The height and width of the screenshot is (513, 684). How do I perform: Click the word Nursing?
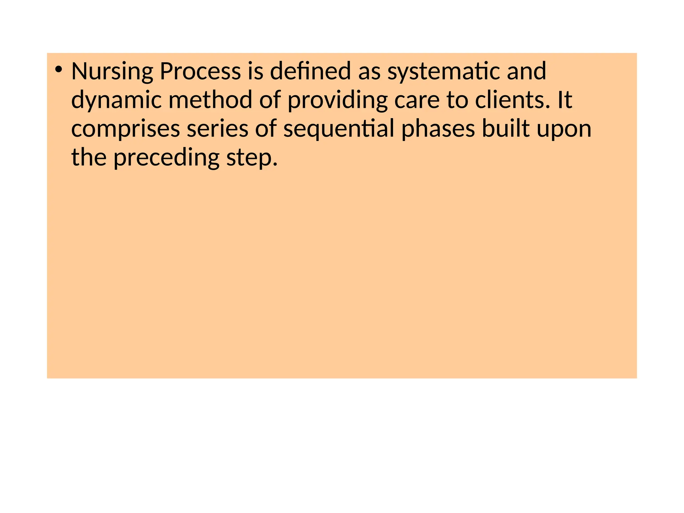tap(112, 71)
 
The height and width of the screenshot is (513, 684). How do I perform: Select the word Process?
tap(200, 71)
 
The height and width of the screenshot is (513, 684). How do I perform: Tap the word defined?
tap(310, 71)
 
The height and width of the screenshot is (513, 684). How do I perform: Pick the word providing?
tap(337, 100)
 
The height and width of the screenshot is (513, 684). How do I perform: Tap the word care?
tap(417, 100)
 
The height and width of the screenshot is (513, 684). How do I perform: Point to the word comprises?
tap(126, 129)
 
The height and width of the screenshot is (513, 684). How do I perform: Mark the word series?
tap(217, 129)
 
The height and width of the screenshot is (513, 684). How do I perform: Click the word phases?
tap(438, 129)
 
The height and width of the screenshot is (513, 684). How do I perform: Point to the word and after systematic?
tap(526, 71)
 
